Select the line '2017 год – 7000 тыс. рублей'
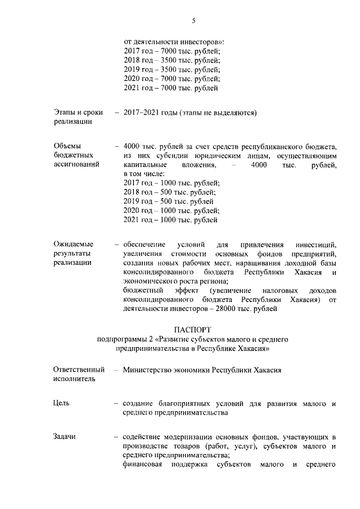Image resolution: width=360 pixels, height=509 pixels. pos(172,51)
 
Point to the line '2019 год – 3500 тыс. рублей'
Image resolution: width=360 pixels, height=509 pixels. pos(172,69)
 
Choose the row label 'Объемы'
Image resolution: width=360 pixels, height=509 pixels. pos(67,145)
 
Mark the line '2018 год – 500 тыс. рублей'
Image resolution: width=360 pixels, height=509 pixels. pos(169,192)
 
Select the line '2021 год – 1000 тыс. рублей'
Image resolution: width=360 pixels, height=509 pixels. pos(170,220)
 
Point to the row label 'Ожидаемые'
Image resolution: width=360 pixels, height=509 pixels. pos(74,244)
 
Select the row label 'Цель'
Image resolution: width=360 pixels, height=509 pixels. pos(62,403)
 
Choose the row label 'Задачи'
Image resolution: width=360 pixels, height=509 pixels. pos(65,436)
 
